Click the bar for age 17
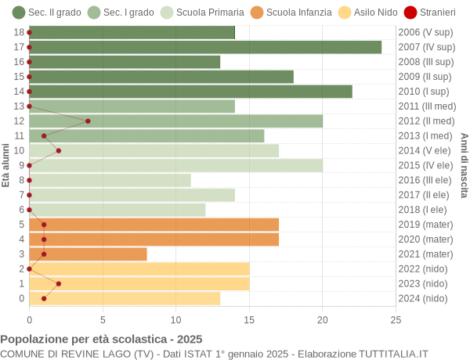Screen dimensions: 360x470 click(x=205, y=47)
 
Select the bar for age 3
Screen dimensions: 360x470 click(x=88, y=254)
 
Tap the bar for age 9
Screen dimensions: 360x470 click(x=175, y=165)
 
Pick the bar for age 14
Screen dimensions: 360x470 click(x=190, y=92)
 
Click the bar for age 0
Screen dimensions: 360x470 click(x=125, y=298)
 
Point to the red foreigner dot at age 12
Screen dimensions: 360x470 click(x=88, y=121)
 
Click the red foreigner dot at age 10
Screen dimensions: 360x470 click(x=59, y=150)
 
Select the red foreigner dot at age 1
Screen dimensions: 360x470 click(x=59, y=283)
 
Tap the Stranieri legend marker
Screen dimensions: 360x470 click(x=410, y=13)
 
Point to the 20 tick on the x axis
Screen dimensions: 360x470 click(x=323, y=319)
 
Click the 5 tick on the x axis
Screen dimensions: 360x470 click(x=103, y=319)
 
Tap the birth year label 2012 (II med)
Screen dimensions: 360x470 click(x=426, y=121)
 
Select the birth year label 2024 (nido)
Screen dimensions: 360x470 click(x=423, y=298)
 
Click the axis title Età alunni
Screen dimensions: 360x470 click(x=6, y=165)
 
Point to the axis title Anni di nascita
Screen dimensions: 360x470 click(x=464, y=165)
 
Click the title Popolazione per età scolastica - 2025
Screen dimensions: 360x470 click(x=101, y=340)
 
